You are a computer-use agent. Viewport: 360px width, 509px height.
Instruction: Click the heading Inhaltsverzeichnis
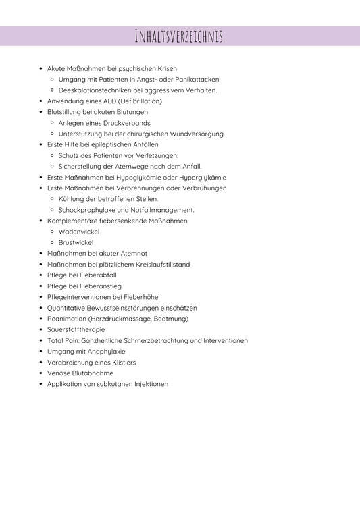(x=179, y=36)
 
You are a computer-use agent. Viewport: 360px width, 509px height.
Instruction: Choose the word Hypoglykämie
(x=140, y=177)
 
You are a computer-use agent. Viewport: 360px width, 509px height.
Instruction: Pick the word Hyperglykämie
(x=201, y=177)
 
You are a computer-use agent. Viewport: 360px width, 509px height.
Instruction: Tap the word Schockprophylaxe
(x=86, y=210)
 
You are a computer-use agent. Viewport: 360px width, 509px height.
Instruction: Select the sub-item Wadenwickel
(x=78, y=232)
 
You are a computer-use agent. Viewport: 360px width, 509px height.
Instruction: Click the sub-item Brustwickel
(x=76, y=242)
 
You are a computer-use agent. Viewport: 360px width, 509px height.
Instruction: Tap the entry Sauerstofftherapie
(x=76, y=329)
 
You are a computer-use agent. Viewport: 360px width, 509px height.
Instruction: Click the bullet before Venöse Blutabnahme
(x=41, y=373)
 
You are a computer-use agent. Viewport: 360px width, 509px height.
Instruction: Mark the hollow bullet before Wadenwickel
(x=52, y=232)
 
